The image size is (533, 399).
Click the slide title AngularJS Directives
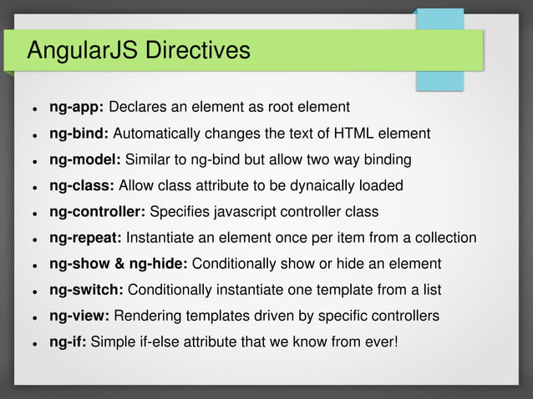click(x=139, y=51)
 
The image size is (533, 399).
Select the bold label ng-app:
click(x=77, y=108)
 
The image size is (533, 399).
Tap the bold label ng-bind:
click(x=79, y=134)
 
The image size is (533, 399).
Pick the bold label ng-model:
click(x=86, y=159)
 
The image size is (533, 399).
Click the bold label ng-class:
click(x=83, y=185)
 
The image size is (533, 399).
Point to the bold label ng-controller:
click(x=98, y=211)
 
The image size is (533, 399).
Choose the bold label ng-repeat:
click(x=86, y=238)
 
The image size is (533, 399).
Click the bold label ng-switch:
click(x=87, y=290)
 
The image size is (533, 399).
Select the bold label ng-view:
click(x=80, y=316)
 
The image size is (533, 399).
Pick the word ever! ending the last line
click(x=381, y=341)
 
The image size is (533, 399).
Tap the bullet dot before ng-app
click(x=34, y=109)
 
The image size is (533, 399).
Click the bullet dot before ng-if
click(x=34, y=343)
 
